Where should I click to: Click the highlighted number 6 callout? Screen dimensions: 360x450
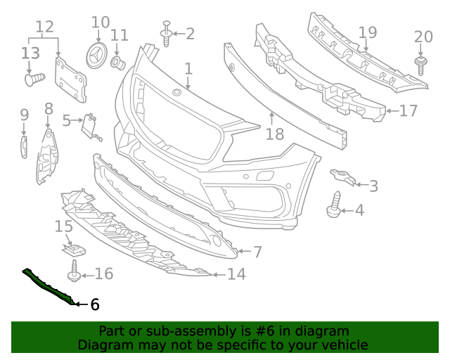coord(94,304)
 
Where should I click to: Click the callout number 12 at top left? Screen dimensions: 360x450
coord(44,27)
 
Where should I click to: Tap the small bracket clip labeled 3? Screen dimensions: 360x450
coord(341,177)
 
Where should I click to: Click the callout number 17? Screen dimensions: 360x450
coord(408,110)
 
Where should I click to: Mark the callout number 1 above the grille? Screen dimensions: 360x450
coord(188,69)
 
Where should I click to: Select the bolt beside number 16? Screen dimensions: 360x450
coord(75,272)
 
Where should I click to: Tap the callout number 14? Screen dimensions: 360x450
coord(236,274)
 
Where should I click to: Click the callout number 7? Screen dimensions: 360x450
coord(257,251)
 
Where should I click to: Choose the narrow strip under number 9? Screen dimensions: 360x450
coord(22,148)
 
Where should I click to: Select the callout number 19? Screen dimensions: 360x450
coord(367,32)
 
